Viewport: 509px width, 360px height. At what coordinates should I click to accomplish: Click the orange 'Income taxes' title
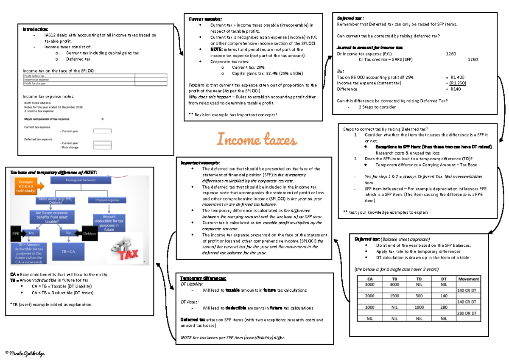(x=257, y=139)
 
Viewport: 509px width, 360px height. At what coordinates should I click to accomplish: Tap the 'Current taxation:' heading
(x=205, y=19)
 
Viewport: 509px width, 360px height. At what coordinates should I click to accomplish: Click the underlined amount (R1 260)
(x=457, y=83)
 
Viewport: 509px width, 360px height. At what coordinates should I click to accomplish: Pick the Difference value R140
(x=456, y=89)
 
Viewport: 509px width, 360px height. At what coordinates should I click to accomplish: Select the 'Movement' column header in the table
(x=468, y=279)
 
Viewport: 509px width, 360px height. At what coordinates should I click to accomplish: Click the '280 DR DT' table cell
(x=468, y=313)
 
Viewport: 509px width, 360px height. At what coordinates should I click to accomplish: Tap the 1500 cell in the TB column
(x=394, y=296)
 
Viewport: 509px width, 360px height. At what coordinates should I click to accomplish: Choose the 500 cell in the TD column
(x=419, y=296)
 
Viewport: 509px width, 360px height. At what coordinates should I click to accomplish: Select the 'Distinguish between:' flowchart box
(x=81, y=180)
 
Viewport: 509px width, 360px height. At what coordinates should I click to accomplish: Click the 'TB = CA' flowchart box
(x=65, y=251)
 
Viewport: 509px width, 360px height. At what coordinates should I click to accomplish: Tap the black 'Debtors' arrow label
(x=89, y=234)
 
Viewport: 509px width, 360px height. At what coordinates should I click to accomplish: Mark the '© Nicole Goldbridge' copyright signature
(x=25, y=353)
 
